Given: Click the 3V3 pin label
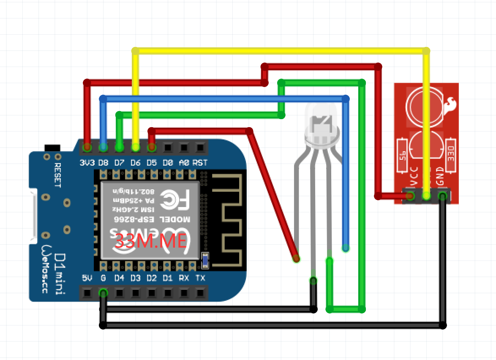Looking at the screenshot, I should [x=87, y=162].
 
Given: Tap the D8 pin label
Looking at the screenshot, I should [x=104, y=162].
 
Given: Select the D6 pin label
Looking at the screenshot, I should [x=136, y=162].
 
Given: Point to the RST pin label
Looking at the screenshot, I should [x=200, y=162].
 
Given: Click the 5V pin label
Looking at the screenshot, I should [x=87, y=278].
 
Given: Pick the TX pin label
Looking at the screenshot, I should [x=200, y=278].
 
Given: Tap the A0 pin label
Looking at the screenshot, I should [x=184, y=162].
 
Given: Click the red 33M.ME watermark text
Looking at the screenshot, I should [x=151, y=241].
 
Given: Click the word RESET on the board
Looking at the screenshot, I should [x=58, y=175].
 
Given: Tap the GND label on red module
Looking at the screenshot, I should [x=440, y=176].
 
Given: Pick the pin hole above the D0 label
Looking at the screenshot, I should [x=168, y=148].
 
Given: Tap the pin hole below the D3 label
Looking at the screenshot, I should [x=136, y=292].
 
